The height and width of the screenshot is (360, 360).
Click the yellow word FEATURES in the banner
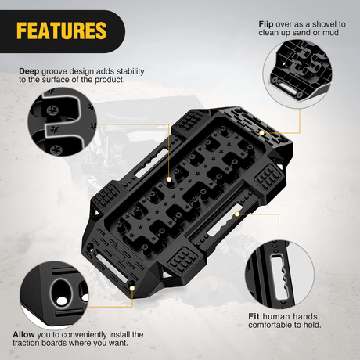62,31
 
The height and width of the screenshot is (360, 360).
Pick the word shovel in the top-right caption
324,24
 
